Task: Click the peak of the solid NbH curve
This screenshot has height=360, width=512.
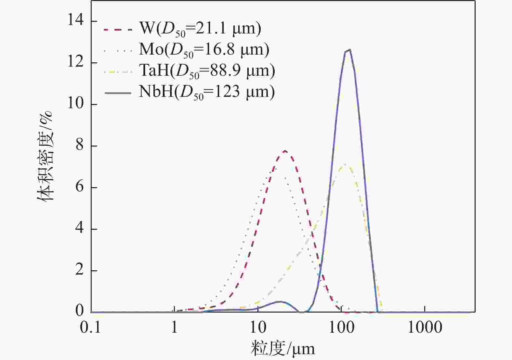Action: tap(349, 50)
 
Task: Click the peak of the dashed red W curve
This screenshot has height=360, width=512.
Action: tap(285, 151)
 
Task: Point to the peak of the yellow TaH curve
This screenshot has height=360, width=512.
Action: tap(344, 165)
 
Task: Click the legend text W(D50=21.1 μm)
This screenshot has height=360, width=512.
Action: tap(200, 29)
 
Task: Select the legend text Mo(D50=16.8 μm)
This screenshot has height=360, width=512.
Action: tap(204, 50)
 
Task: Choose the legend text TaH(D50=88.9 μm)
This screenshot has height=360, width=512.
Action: tap(207, 71)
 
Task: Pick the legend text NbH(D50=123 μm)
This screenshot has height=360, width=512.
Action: tap(207, 92)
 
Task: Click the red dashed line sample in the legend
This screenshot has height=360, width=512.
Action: tap(118, 29)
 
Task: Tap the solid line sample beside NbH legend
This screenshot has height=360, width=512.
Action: tap(118, 93)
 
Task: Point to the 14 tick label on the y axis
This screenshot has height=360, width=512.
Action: tap(75, 21)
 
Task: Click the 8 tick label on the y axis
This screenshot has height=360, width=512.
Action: tap(79, 146)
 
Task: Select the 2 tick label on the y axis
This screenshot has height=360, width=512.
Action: tap(79, 270)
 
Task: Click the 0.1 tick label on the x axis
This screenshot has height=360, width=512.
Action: tap(90, 328)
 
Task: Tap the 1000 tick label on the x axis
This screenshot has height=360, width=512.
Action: tap(425, 328)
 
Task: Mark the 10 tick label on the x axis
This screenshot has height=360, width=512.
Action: tap(258, 328)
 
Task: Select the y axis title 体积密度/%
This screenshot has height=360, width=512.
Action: tap(45, 156)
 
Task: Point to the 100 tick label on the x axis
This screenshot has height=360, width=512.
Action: tap(341, 328)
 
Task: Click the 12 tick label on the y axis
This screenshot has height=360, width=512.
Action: tap(75, 62)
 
